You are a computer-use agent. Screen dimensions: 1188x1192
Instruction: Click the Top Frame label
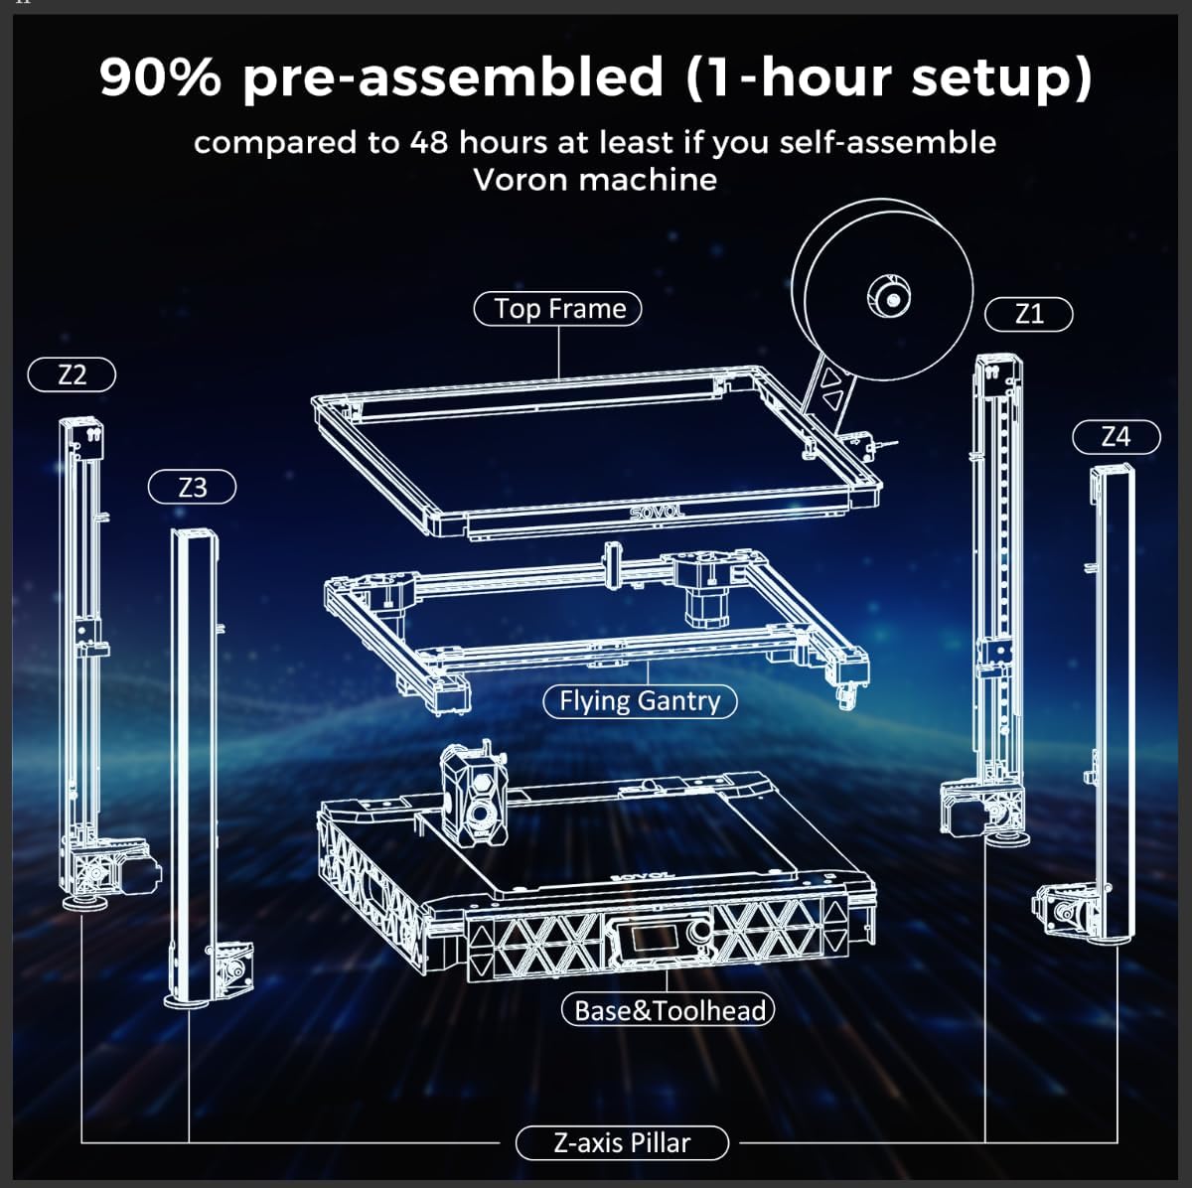pos(558,309)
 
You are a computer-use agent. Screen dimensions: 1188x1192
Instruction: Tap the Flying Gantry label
pos(640,701)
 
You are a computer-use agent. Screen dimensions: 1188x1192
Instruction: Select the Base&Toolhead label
pos(668,1010)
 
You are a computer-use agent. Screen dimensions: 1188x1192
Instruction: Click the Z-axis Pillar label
pos(622,1142)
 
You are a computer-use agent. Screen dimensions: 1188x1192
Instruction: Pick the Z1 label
pos(1029,315)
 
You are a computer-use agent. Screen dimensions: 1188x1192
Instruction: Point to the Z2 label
pos(73,374)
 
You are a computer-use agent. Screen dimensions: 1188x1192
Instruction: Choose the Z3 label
pos(193,488)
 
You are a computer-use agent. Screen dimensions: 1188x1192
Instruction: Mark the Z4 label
pos(1116,436)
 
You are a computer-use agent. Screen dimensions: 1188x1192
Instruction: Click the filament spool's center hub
pos(889,296)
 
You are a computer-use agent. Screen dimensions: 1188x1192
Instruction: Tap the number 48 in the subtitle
pos(428,143)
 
